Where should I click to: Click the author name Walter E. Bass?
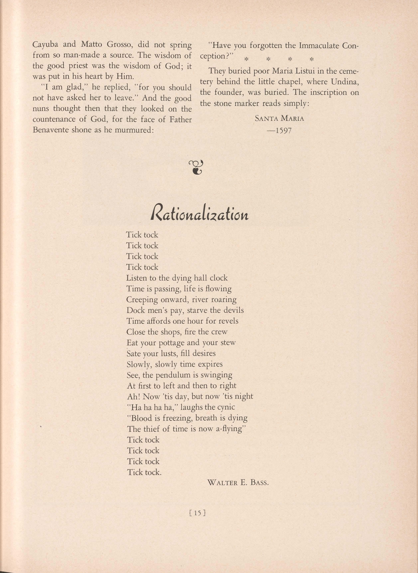coord(238,483)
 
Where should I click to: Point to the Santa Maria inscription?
coord(279,119)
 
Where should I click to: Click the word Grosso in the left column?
coord(120,45)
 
